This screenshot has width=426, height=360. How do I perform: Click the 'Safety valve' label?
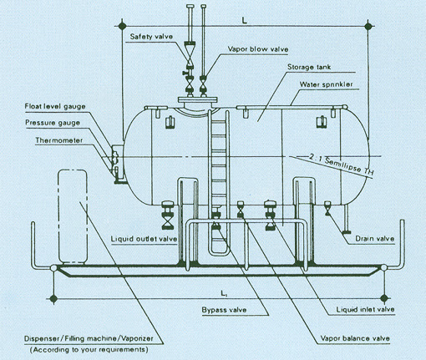click(151, 37)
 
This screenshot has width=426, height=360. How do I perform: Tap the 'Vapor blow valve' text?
click(258, 49)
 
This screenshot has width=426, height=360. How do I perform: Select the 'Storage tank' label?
click(309, 67)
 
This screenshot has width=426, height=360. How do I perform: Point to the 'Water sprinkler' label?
click(327, 84)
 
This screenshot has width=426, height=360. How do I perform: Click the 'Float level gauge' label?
click(55, 107)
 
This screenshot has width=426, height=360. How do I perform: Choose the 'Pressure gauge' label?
click(53, 123)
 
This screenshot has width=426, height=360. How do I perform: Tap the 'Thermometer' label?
click(59, 140)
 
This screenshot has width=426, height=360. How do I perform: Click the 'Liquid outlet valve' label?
click(144, 239)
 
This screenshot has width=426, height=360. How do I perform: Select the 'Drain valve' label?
click(375, 239)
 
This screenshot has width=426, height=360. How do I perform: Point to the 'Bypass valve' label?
click(224, 310)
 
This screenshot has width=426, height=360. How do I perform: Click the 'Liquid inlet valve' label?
click(365, 309)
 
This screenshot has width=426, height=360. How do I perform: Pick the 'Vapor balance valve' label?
click(355, 338)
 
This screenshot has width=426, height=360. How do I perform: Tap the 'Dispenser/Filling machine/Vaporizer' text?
click(89, 339)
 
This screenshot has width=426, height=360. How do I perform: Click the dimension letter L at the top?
click(245, 21)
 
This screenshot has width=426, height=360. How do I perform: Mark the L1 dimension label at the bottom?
click(224, 293)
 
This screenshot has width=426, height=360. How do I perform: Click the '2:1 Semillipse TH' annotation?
click(341, 165)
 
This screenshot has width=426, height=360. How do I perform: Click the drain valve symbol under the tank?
click(327, 208)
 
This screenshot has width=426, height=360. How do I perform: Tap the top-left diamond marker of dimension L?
click(121, 26)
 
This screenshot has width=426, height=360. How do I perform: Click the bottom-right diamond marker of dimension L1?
click(384, 298)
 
